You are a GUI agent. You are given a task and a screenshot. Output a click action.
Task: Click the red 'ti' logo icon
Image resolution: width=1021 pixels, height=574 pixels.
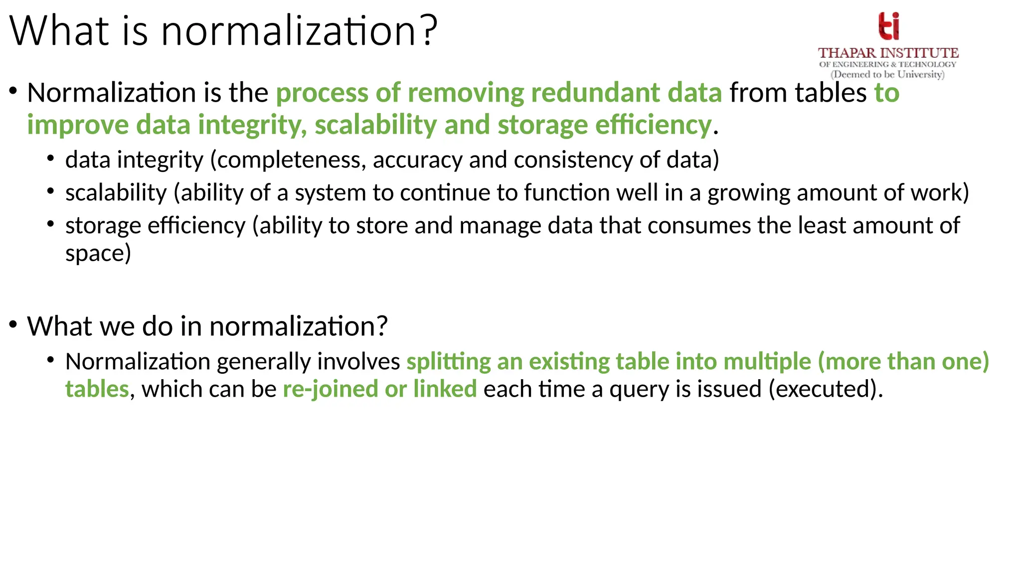coord(889,26)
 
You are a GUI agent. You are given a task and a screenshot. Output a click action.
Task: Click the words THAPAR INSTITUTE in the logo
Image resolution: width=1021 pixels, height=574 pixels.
coord(888,53)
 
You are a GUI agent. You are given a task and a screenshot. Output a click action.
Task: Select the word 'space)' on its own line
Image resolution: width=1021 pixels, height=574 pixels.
coord(98,254)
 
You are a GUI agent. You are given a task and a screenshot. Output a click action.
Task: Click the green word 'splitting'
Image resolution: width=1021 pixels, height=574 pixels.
coord(449,361)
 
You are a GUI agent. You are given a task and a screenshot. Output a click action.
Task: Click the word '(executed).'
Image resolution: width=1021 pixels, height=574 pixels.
coord(826,389)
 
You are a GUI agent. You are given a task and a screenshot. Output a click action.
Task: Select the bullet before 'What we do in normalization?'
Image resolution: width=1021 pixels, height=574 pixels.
coord(13,325)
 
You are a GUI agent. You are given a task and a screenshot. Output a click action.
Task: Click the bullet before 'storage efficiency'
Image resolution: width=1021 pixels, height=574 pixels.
coord(51,224)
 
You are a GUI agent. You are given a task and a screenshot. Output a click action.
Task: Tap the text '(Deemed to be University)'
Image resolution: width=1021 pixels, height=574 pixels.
coord(887,75)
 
